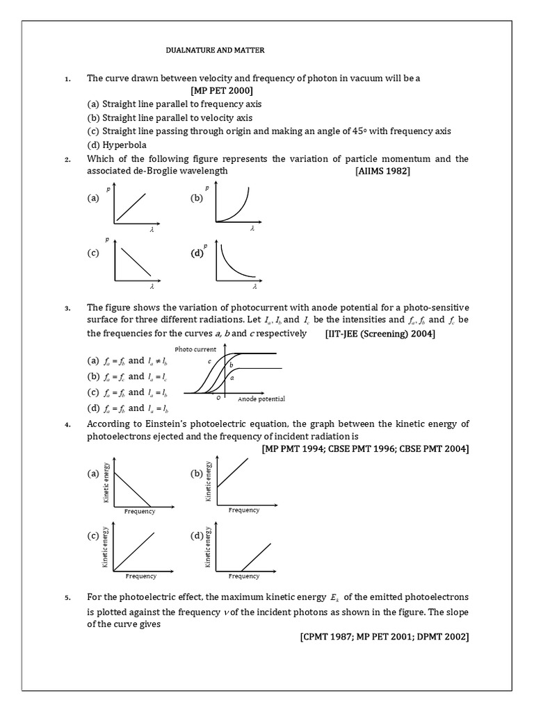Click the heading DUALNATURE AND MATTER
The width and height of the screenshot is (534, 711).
215,51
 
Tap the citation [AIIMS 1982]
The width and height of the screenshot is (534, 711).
382,171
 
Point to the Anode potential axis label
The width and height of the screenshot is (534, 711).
261,399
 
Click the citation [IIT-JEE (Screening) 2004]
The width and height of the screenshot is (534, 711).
380,334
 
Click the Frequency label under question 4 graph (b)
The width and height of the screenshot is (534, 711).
243,510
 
